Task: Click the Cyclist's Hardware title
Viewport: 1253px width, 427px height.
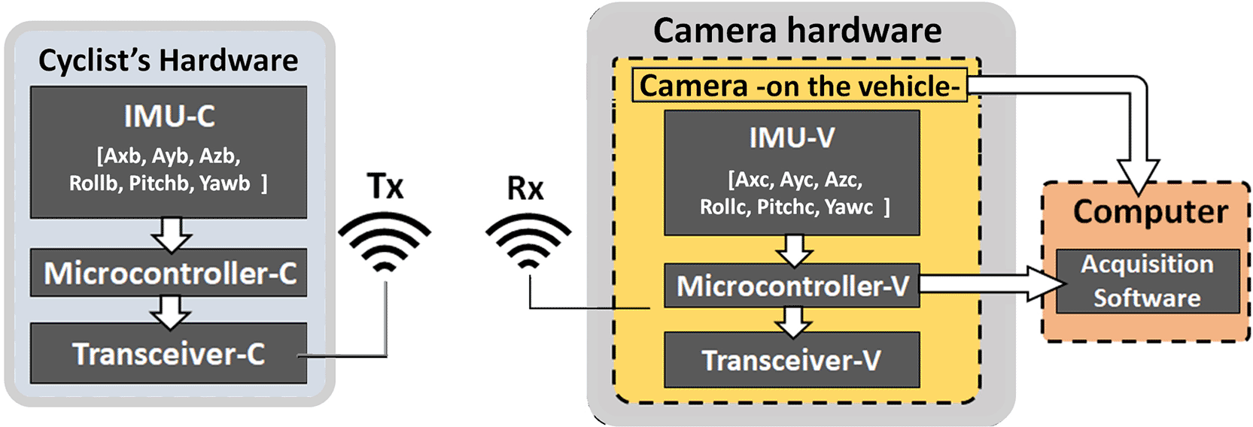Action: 168,60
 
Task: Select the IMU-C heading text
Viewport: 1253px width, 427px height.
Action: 169,117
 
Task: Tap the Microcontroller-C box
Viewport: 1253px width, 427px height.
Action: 169,273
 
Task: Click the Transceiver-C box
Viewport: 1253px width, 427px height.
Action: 169,353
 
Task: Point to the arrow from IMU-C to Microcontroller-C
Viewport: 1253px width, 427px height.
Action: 172,235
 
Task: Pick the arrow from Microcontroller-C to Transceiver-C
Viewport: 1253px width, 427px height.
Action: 171,313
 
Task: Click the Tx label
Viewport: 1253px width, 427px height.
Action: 385,186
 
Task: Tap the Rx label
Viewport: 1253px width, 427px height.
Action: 525,188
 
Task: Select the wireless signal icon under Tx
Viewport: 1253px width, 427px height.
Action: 385,243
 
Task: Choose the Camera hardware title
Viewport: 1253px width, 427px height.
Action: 797,30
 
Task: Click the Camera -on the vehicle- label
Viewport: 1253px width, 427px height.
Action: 799,86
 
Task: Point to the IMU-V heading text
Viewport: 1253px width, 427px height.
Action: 792,138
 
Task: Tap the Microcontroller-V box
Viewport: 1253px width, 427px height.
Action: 792,286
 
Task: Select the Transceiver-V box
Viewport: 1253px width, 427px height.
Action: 792,360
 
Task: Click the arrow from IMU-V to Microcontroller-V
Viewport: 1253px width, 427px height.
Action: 794,250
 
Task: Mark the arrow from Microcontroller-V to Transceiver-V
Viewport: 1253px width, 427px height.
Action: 793,322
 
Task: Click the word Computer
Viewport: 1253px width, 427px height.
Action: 1151,212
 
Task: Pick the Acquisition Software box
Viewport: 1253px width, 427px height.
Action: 1148,281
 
